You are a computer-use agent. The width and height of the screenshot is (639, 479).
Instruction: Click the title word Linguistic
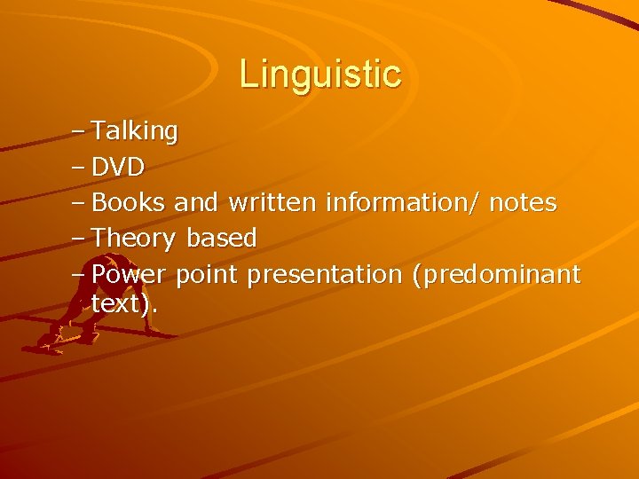coord(319,74)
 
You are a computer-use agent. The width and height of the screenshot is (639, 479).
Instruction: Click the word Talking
coord(135,132)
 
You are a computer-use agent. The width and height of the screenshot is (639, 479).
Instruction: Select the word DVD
coord(118,168)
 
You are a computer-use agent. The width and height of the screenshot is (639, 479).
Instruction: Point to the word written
coord(272,203)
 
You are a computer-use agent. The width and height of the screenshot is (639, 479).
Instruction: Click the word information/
coord(403,203)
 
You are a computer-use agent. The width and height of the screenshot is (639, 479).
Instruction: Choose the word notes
coord(523,203)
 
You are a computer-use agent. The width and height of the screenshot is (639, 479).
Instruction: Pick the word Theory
coord(134,239)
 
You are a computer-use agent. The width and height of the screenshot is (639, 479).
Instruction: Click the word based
coord(221,239)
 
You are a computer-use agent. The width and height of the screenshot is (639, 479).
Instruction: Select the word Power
coord(130,274)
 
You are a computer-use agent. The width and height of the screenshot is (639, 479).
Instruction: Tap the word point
coord(207,276)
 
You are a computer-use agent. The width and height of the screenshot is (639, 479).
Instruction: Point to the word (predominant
coord(496,275)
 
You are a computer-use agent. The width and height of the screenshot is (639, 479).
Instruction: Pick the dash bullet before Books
coord(77,204)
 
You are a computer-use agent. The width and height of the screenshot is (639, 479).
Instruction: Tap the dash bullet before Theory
coord(77,239)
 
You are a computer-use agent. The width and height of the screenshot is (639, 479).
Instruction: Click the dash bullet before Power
coord(77,275)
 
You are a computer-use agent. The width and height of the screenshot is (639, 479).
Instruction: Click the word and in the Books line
coord(196,203)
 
